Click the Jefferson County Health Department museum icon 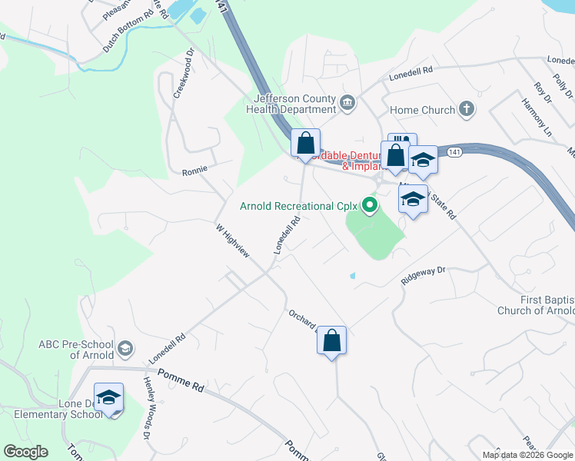click(x=347, y=102)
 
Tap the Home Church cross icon click(x=466, y=109)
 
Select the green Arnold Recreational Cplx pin click(x=370, y=205)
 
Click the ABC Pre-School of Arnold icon click(x=125, y=350)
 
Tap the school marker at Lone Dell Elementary click(x=108, y=397)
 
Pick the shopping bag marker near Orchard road click(x=331, y=340)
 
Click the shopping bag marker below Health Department click(x=305, y=143)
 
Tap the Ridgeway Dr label click(x=424, y=275)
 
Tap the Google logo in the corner click(x=25, y=451)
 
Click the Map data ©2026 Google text click(x=527, y=455)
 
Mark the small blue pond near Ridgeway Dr click(x=352, y=276)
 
